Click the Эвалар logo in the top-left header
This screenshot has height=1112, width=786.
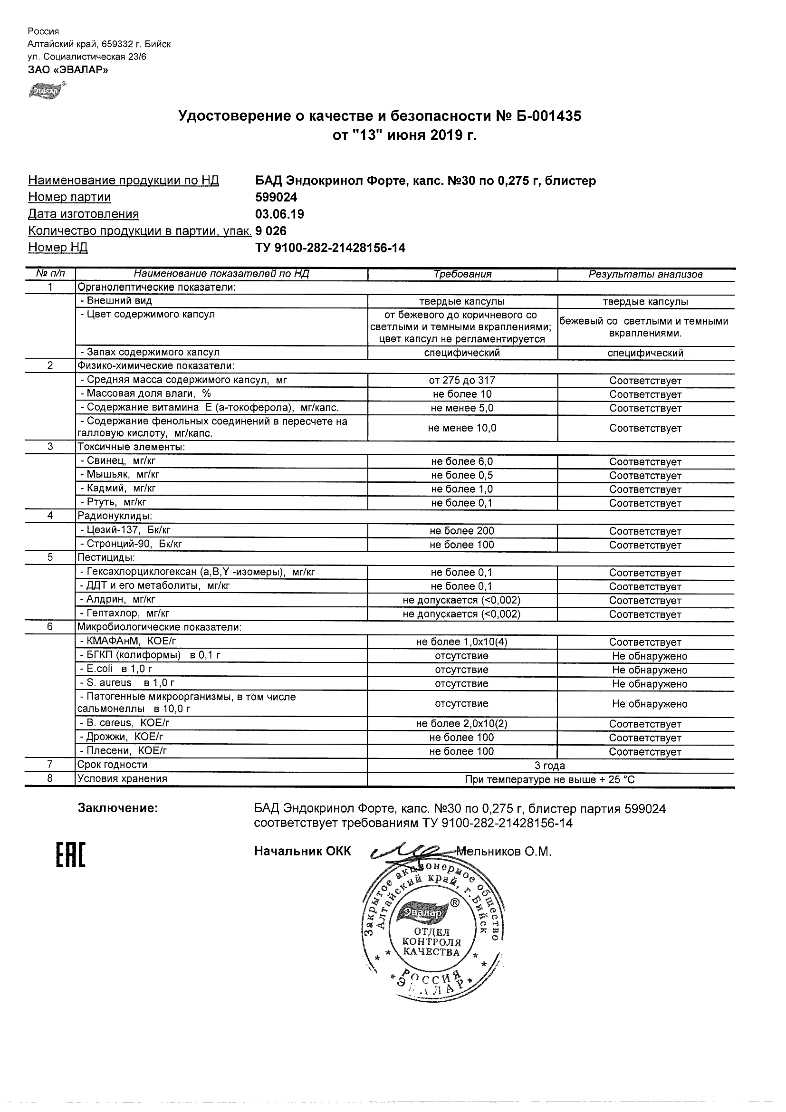pyautogui.click(x=46, y=91)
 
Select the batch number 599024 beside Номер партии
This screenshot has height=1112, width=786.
pyautogui.click(x=276, y=197)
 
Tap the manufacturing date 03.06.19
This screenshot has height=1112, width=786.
pyautogui.click(x=279, y=214)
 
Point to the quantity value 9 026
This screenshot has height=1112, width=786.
pyautogui.click(x=271, y=231)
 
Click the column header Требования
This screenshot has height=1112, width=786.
pyautogui.click(x=462, y=274)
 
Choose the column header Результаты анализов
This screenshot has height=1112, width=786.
pyautogui.click(x=645, y=274)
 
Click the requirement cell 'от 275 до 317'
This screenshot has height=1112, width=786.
pyautogui.click(x=462, y=381)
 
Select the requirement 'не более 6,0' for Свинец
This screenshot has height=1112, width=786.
pyautogui.click(x=462, y=462)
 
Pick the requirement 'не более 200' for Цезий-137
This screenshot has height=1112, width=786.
pyautogui.click(x=462, y=531)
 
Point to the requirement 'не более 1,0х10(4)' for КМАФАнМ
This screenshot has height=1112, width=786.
pyautogui.click(x=462, y=642)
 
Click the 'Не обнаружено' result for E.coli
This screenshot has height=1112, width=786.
pyautogui.click(x=650, y=671)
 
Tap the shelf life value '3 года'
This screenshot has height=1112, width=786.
pyautogui.click(x=550, y=766)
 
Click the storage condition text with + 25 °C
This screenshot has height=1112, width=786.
pyautogui.click(x=550, y=780)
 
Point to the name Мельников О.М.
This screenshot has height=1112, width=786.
pyautogui.click(x=504, y=852)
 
